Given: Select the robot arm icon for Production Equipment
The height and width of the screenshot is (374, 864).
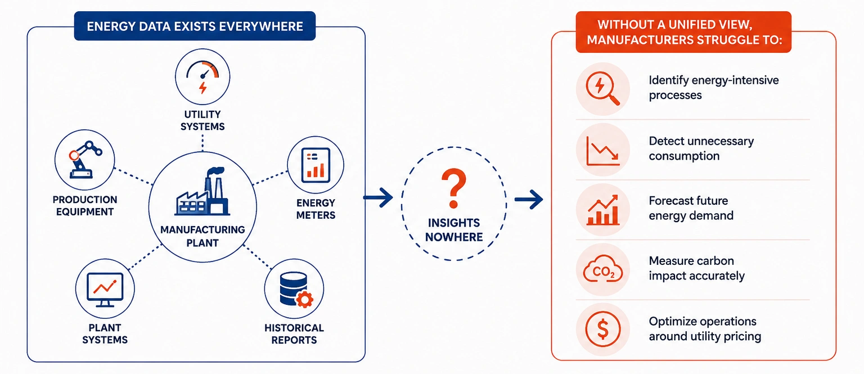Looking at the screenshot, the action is pyautogui.click(x=85, y=159).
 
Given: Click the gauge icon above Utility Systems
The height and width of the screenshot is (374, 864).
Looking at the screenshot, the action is pyautogui.click(x=202, y=76).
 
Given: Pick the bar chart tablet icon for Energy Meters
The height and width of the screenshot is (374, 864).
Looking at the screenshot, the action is pyautogui.click(x=316, y=165).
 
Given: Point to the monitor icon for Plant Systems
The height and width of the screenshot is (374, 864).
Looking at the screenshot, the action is pyautogui.click(x=105, y=290).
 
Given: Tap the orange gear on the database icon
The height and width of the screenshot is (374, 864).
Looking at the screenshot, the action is pyautogui.click(x=304, y=300).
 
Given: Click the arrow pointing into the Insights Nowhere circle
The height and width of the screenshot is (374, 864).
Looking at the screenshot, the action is pyautogui.click(x=378, y=198).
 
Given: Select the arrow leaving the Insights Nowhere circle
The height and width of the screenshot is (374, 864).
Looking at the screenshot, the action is pyautogui.click(x=529, y=199).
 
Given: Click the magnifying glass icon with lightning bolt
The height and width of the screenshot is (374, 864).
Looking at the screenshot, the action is pyautogui.click(x=602, y=89).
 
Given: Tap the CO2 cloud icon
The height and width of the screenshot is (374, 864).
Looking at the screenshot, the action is pyautogui.click(x=603, y=269).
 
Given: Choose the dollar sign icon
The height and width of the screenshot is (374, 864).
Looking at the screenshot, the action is pyautogui.click(x=603, y=329).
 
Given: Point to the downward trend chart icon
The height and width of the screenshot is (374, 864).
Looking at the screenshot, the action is pyautogui.click(x=603, y=151).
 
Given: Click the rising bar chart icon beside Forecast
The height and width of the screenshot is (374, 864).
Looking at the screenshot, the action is pyautogui.click(x=603, y=210).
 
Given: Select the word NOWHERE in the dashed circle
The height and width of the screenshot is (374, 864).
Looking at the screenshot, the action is pyautogui.click(x=454, y=237).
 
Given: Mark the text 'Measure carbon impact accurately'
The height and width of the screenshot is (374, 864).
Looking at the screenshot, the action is pyautogui.click(x=696, y=268).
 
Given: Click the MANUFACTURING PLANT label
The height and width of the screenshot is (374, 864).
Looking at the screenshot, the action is pyautogui.click(x=202, y=236).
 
